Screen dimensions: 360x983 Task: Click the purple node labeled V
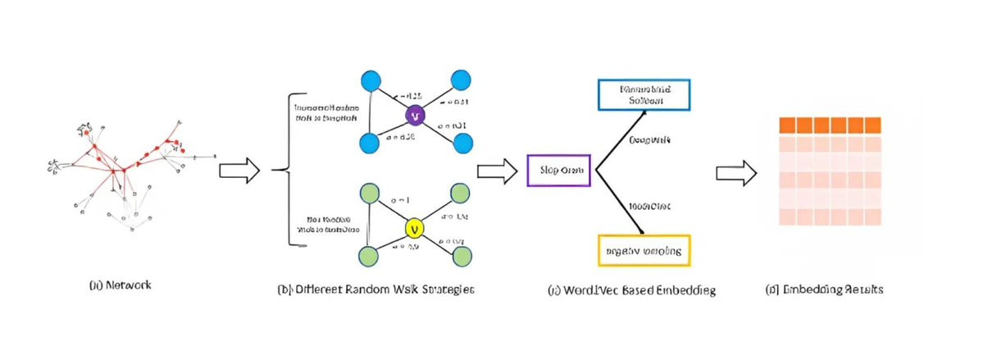coord(415,113)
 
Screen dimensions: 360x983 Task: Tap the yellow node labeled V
coord(415,227)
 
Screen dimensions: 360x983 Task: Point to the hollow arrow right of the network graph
coord(239,171)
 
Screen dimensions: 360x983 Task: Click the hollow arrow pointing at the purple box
coord(498,171)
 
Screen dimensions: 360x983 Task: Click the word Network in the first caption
coord(130,285)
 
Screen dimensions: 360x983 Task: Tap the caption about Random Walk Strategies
coord(376,289)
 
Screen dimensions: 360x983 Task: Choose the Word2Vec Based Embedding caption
coord(630,290)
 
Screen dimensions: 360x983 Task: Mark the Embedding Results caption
coord(824,289)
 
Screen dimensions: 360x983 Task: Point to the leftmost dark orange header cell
coord(786,125)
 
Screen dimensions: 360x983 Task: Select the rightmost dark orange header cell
coord(871,125)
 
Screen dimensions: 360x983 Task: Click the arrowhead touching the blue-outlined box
coord(639,112)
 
